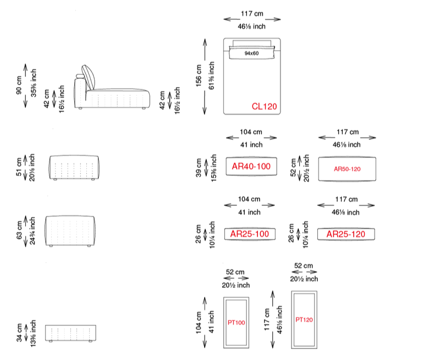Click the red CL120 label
click(x=264, y=106)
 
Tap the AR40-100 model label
click(x=251, y=166)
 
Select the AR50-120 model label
click(x=347, y=169)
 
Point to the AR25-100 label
click(x=250, y=234)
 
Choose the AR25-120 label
click(x=345, y=234)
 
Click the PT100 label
click(x=237, y=323)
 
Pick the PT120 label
click(x=304, y=320)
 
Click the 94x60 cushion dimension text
click(x=252, y=53)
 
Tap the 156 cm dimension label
click(x=199, y=75)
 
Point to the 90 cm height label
click(x=19, y=85)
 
